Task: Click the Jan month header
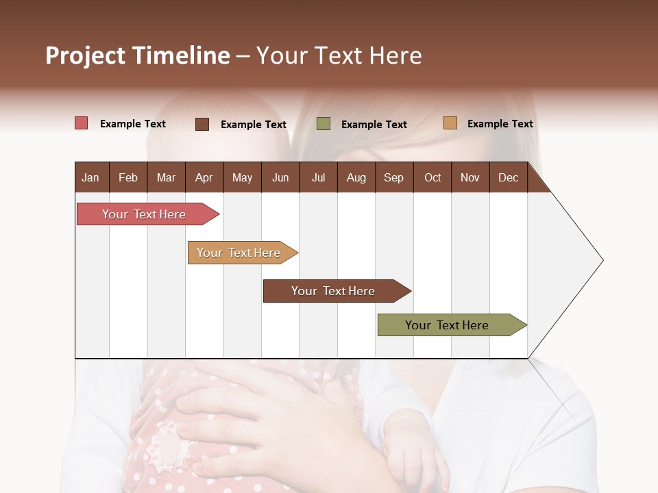coord(90,178)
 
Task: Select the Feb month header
coord(128,178)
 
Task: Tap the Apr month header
coord(204,178)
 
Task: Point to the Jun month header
coord(280,178)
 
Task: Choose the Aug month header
coord(356,178)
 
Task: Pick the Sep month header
coord(393,178)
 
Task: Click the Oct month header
coord(432,178)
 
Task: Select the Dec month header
coord(508,178)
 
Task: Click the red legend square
coord(82,123)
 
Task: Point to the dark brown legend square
coord(202,124)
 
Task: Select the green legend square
coord(324,124)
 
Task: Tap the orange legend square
coord(450,123)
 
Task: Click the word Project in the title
coord(85,55)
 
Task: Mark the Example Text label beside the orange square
coord(500,124)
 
